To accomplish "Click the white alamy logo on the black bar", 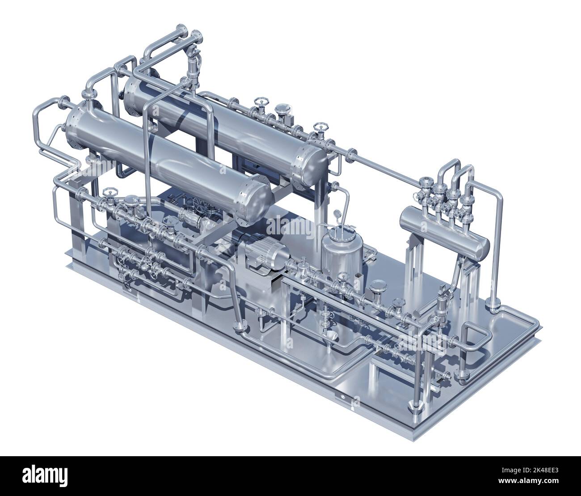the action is pyautogui.click(x=45, y=476).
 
